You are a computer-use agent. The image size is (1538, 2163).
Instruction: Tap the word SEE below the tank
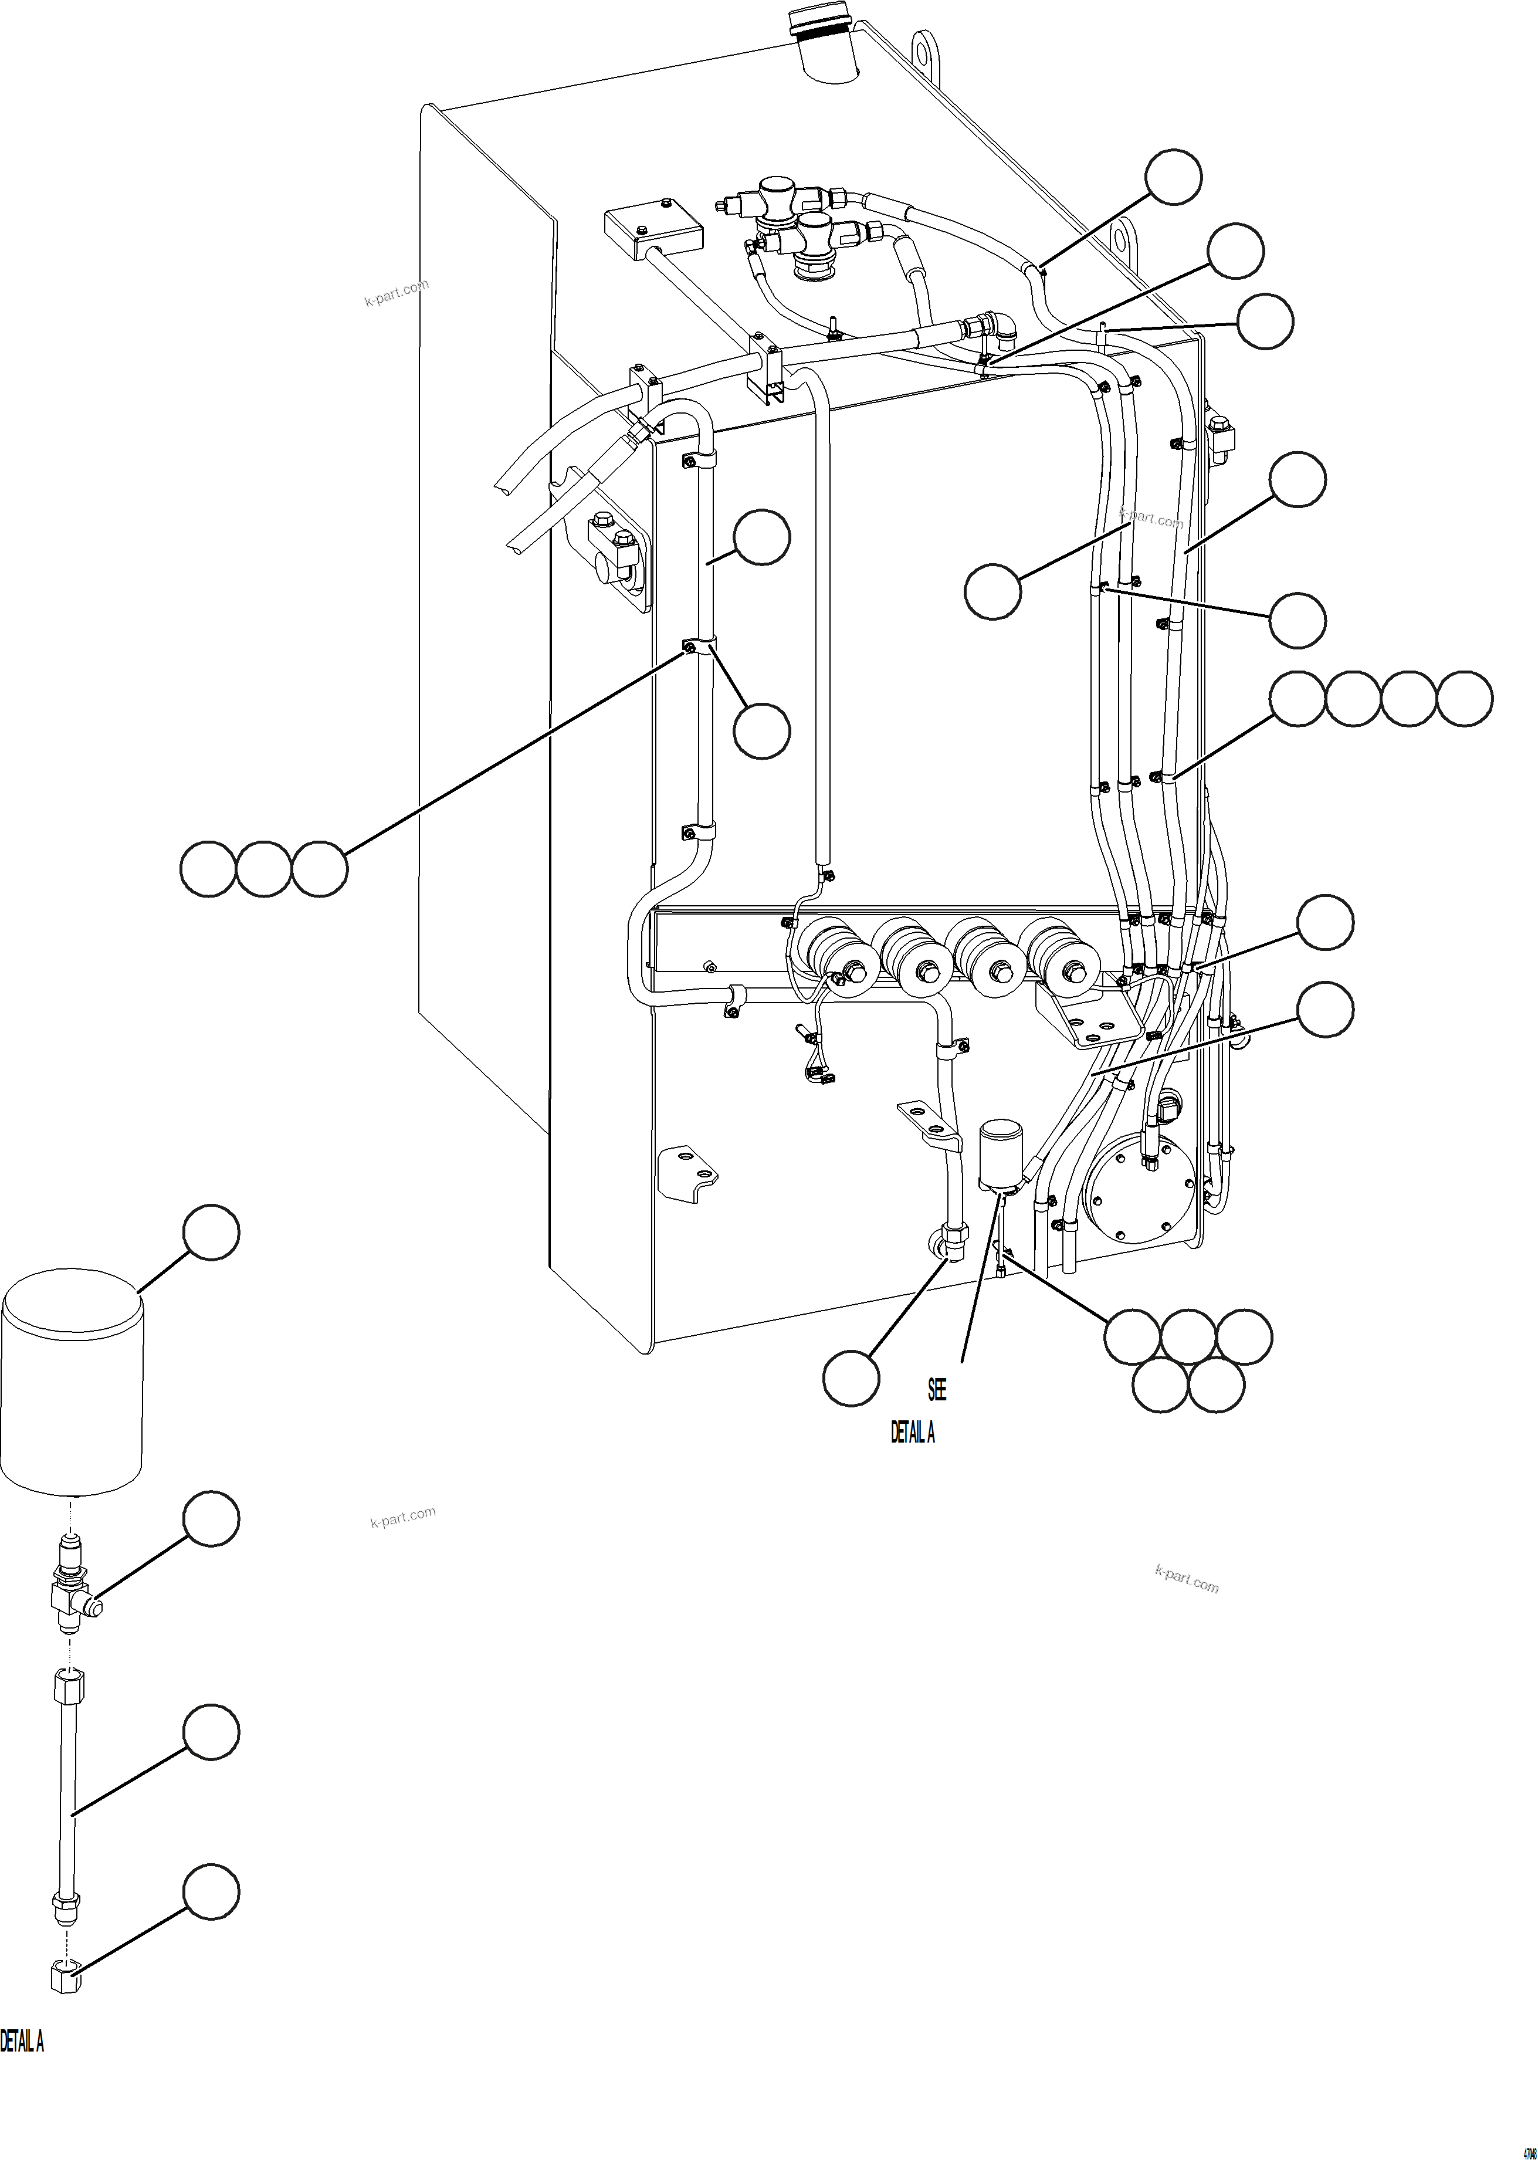(937, 1389)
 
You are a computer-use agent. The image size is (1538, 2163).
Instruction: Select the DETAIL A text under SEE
(912, 1433)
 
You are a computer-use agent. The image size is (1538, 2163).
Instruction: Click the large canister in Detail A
(72, 1387)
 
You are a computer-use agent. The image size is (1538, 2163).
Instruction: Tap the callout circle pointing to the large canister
(210, 1232)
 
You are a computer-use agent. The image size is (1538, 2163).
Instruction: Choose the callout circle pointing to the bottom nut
(210, 1892)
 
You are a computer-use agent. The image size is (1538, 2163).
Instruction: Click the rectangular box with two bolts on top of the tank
(652, 226)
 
